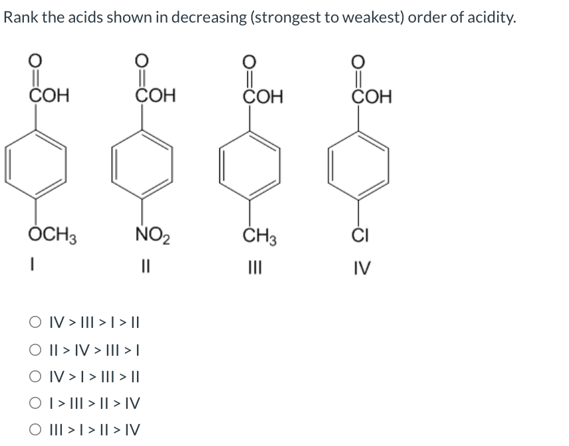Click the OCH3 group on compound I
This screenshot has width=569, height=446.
[x=53, y=236]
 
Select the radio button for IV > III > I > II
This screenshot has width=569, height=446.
[x=35, y=325]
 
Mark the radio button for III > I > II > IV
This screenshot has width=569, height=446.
[x=35, y=429]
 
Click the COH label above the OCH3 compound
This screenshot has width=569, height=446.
[x=49, y=96]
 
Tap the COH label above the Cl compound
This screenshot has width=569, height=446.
[x=372, y=96]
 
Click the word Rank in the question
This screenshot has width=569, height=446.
[x=19, y=18]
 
